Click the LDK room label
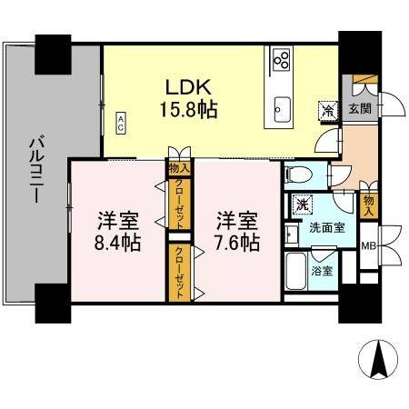(x=188, y=88)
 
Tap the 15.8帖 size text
(x=189, y=109)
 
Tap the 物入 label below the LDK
(x=178, y=167)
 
